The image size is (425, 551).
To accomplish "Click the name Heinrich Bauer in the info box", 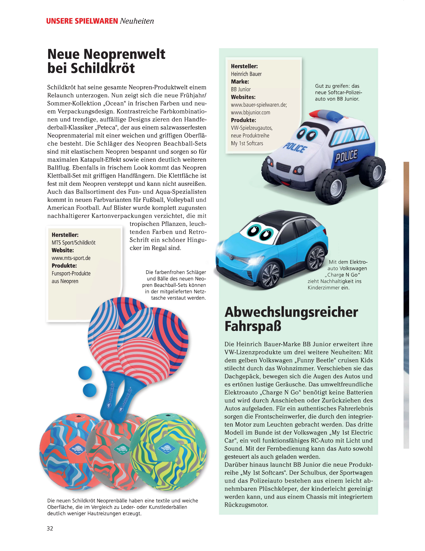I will (246, 74).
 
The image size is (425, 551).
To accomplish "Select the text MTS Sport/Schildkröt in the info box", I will (73, 243).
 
